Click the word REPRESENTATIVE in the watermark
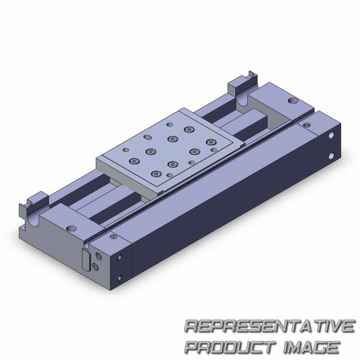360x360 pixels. (x=270, y=326)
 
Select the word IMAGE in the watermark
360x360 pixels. (x=311, y=346)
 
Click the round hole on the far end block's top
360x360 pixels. (x=293, y=100)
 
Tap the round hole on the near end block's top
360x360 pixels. (x=71, y=229)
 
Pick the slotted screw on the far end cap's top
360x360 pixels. (x=307, y=125)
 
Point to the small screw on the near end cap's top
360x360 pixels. (x=113, y=237)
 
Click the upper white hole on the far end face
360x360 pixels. (x=331, y=135)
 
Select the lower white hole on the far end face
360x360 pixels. (x=331, y=157)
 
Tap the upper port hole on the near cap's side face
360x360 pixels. (x=119, y=257)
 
